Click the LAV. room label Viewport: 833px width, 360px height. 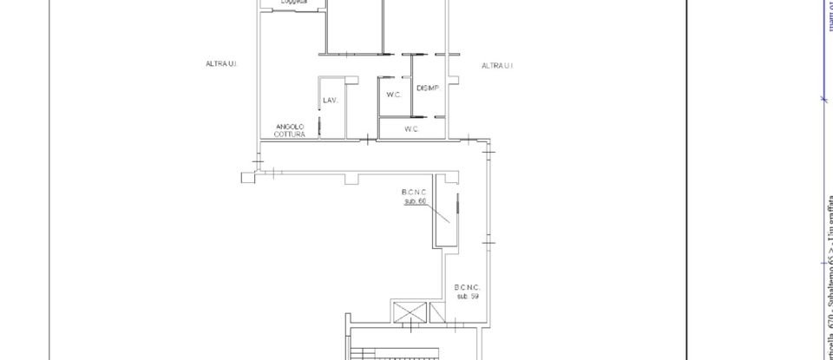[x=330, y=101]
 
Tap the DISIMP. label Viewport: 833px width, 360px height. [x=428, y=88]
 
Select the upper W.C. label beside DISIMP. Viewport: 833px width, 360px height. [x=391, y=95]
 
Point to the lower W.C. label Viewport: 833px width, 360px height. [x=411, y=129]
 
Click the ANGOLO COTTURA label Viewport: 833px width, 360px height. [x=289, y=130]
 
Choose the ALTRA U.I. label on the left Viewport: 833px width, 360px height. [x=221, y=64]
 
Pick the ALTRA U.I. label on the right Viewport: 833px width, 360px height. [x=497, y=65]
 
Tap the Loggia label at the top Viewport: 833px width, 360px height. [x=294, y=3]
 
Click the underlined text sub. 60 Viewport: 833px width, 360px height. [x=416, y=201]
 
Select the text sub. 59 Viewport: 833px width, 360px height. [x=468, y=296]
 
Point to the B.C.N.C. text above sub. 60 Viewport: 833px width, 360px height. [x=415, y=193]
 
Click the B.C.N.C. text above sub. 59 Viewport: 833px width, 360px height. [x=467, y=287]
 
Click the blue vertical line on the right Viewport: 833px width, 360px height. [x=822, y=52]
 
